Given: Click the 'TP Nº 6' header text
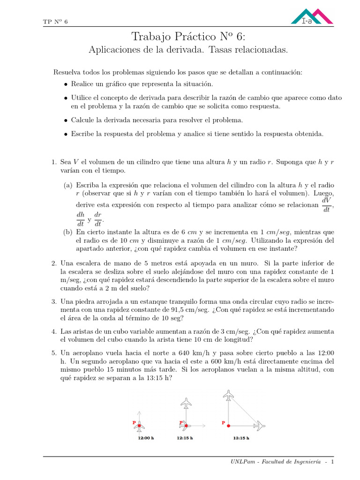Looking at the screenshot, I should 55,22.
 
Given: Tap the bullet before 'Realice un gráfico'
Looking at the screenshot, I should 66,84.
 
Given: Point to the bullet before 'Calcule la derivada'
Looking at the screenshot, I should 66,120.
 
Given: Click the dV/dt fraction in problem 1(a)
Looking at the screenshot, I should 327,205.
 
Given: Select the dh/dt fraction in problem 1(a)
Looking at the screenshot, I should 81,219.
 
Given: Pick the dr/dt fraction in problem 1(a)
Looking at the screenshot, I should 98,219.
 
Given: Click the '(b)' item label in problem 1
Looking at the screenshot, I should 68,232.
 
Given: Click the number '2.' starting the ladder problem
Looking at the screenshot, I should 54,263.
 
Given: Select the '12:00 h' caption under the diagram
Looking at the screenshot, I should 146,438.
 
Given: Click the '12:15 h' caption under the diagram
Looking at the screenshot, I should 185,438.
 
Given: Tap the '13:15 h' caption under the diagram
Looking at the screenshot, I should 241,438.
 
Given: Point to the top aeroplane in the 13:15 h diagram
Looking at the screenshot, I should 228,396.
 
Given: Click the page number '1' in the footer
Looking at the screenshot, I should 332,462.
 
